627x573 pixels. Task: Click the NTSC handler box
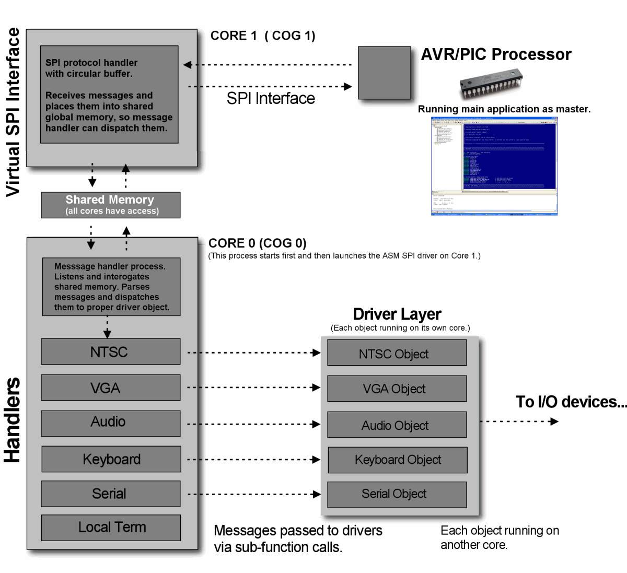(x=110, y=352)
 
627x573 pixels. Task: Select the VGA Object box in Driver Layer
(x=397, y=389)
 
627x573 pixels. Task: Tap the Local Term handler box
(x=111, y=528)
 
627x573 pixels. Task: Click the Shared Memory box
(x=110, y=205)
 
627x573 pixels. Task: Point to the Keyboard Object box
(x=397, y=460)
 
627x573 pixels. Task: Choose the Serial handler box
(x=110, y=494)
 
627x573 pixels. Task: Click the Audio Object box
(x=397, y=425)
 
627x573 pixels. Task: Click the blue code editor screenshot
(x=494, y=166)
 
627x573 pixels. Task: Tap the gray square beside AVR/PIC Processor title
(x=384, y=73)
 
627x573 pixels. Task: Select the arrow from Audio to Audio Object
(x=253, y=424)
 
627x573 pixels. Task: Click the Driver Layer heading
(x=397, y=314)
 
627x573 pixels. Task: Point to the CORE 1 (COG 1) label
(x=263, y=36)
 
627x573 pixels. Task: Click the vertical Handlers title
(x=13, y=419)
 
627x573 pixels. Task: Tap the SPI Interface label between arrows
(x=271, y=98)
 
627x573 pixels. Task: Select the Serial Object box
(x=397, y=494)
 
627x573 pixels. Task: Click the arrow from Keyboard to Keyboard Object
(x=253, y=460)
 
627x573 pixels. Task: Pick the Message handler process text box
(x=111, y=287)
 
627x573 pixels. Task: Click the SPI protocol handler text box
(x=109, y=95)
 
